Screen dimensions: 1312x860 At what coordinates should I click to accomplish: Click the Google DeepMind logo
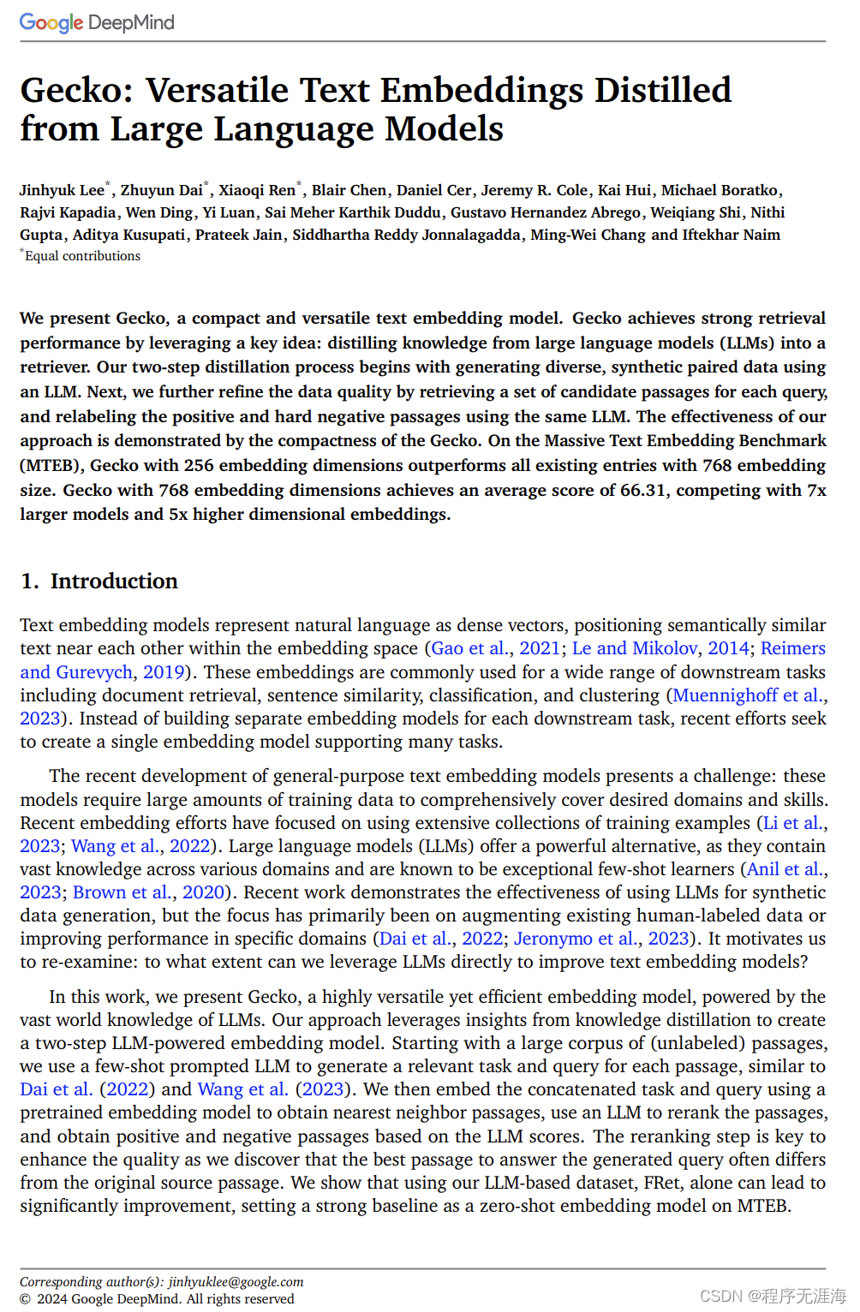pos(97,22)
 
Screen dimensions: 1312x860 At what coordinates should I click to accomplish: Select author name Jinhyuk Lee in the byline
pos(62,190)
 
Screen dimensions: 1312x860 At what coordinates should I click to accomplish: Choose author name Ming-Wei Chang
pos(588,235)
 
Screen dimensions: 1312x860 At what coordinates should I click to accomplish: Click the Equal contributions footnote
pos(81,256)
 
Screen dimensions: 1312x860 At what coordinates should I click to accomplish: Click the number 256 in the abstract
pos(199,465)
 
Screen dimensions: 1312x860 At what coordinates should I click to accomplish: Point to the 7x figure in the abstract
pos(816,490)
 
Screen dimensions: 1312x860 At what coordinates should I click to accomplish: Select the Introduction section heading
pos(113,581)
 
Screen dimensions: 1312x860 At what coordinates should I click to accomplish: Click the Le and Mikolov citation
pos(635,648)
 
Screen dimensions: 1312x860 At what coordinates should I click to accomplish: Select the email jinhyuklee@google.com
pos(236,1282)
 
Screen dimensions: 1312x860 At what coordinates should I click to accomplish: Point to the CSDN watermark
pos(773,1296)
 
